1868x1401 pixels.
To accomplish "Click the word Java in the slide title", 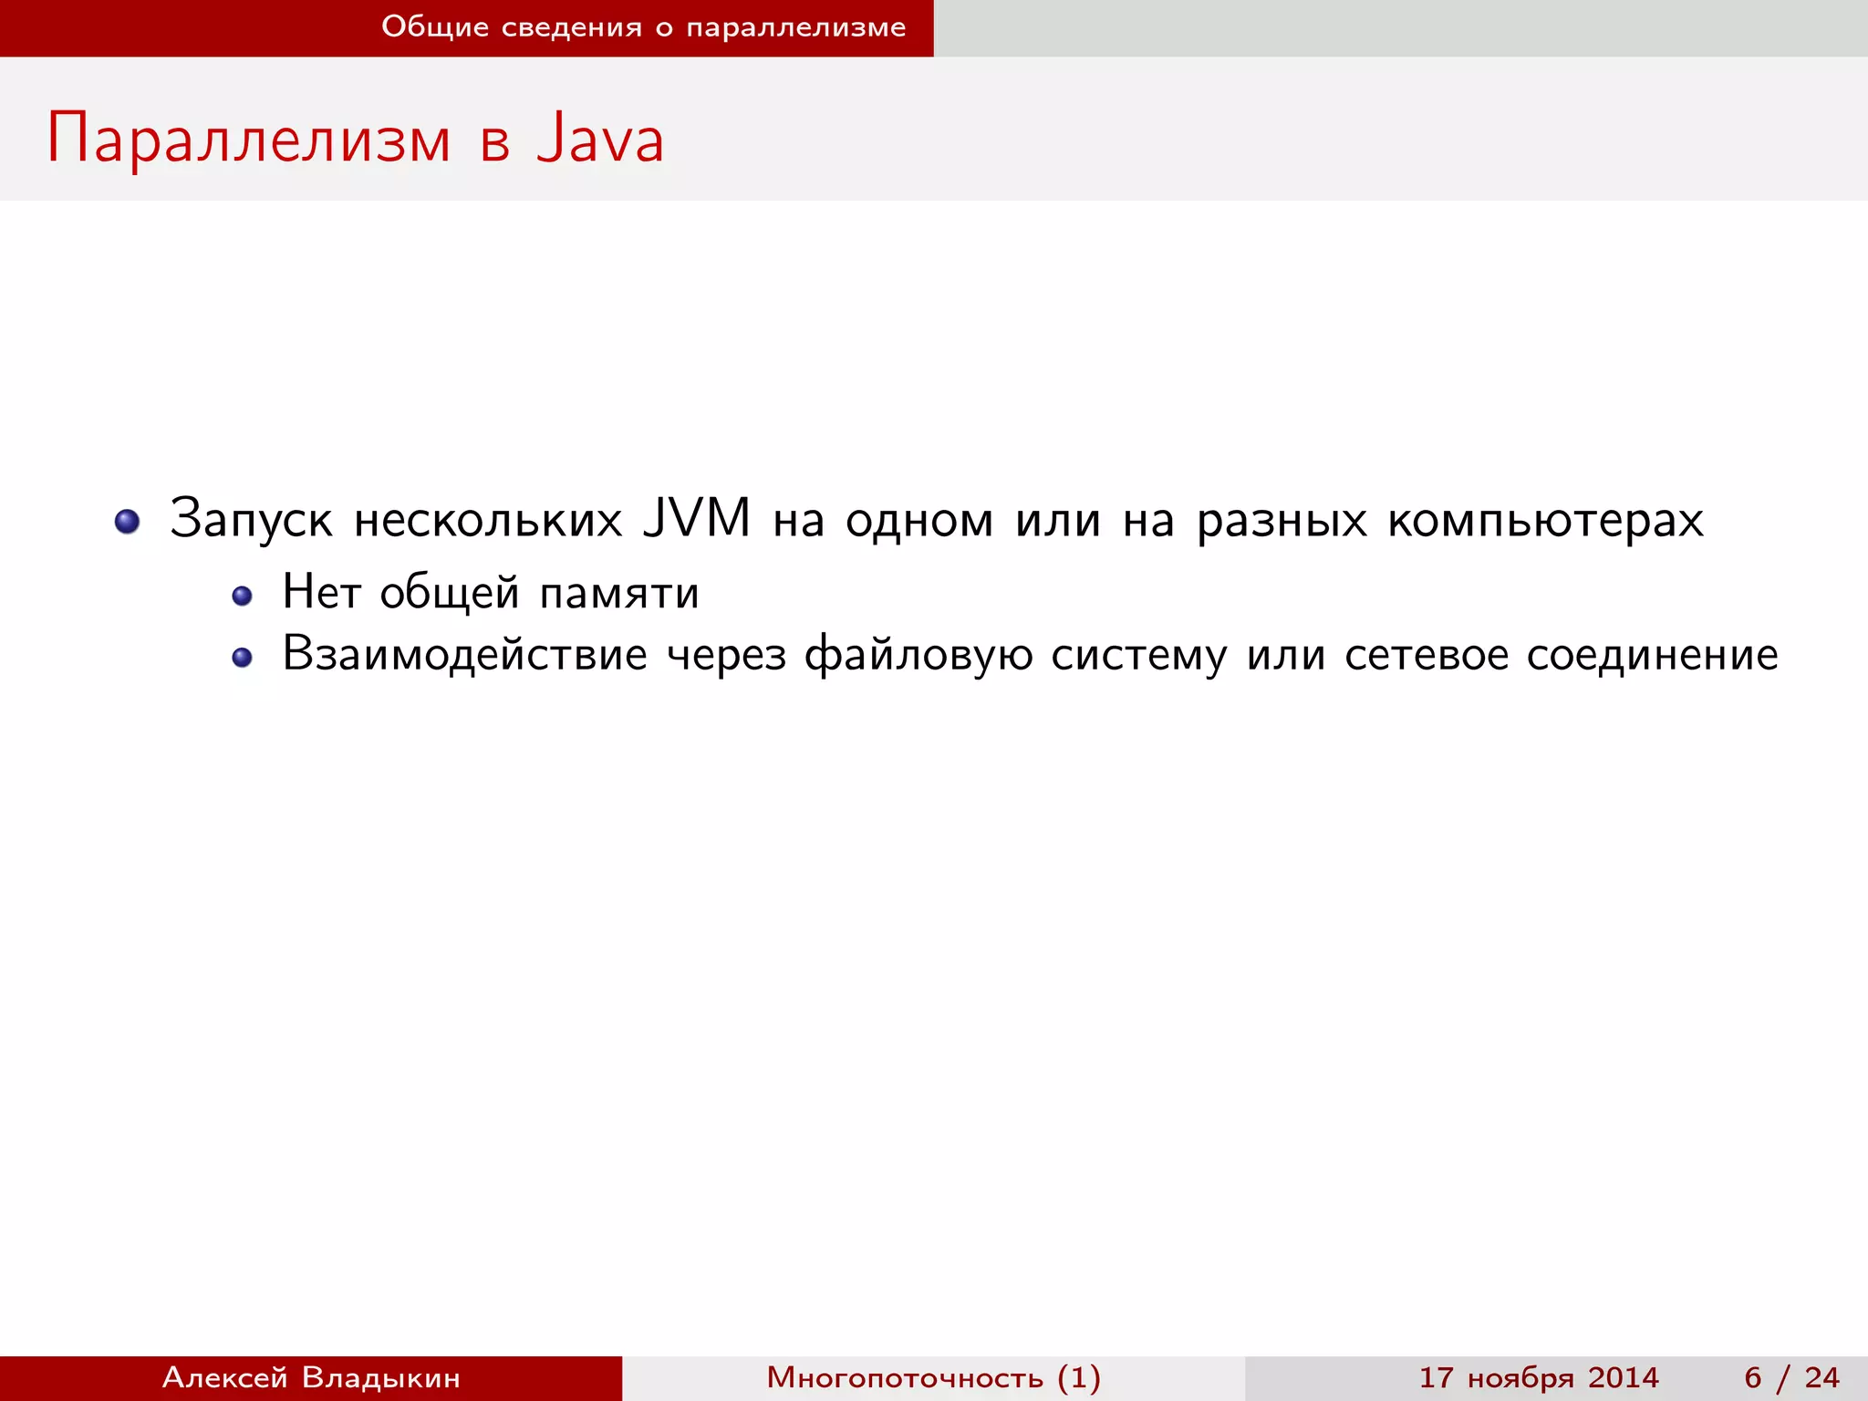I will tap(600, 140).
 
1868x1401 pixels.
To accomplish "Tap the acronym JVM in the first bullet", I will tap(696, 518).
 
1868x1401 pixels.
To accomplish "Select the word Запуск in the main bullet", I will tap(251, 520).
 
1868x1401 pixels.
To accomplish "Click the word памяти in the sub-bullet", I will tap(619, 593).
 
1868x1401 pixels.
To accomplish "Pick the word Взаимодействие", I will tap(464, 655).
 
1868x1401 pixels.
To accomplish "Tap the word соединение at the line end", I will tap(1652, 655).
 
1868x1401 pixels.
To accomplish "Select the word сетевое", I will tap(1426, 655).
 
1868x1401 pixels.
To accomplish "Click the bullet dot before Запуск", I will tap(128, 522).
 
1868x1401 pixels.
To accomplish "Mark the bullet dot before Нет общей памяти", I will tap(242, 597).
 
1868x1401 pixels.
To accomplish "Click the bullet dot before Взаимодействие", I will tap(242, 658).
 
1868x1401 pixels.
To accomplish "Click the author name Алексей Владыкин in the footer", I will tap(311, 1377).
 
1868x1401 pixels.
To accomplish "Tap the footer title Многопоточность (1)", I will tap(933, 1377).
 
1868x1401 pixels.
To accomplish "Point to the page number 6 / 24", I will tap(1791, 1377).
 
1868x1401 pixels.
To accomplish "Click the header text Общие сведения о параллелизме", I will tap(643, 27).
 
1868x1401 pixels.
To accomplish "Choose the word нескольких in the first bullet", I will tap(488, 520).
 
